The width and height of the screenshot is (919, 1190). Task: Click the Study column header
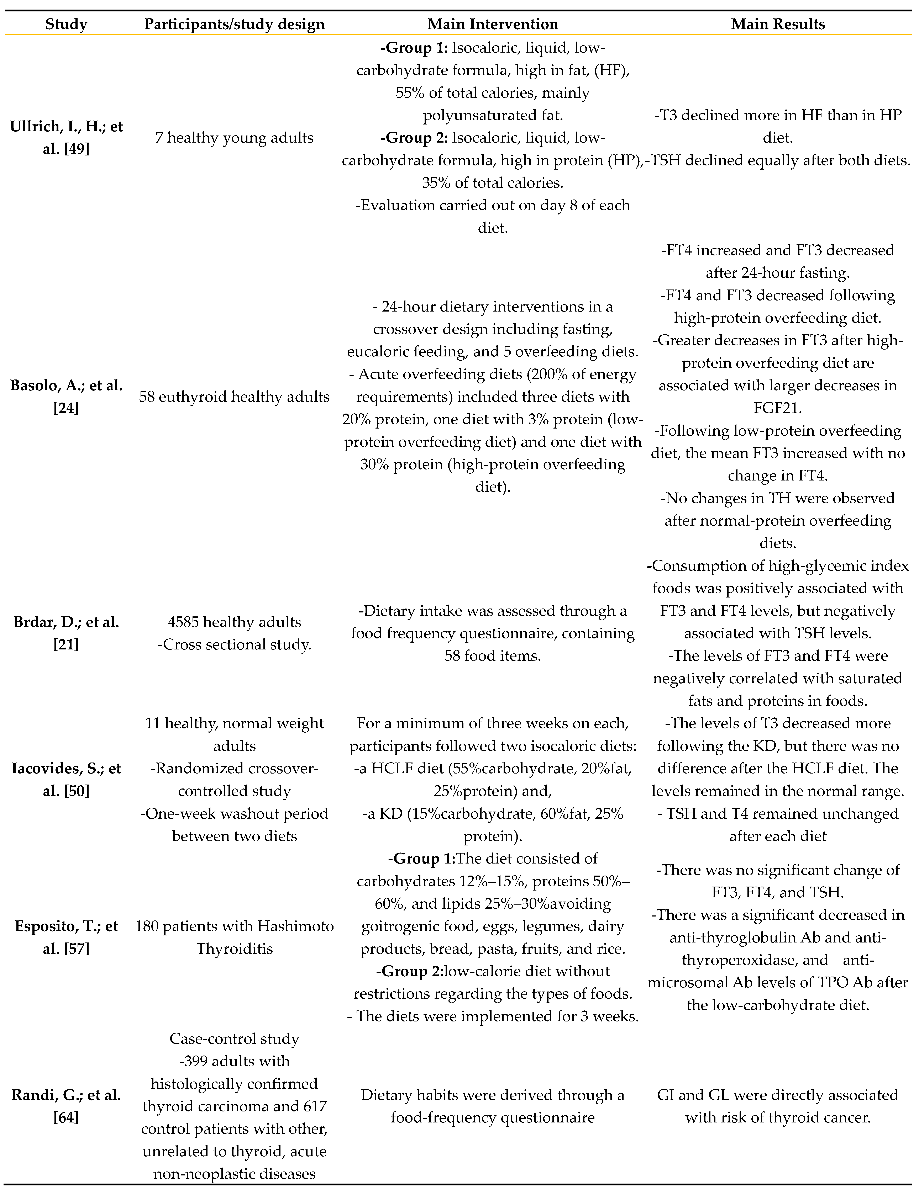pyautogui.click(x=66, y=24)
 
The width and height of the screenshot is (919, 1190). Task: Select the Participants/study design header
pyautogui.click(x=234, y=24)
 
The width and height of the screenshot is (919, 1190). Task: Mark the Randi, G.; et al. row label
pyautogui.click(x=66, y=1095)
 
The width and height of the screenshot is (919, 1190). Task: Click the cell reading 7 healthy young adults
pyautogui.click(x=234, y=138)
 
